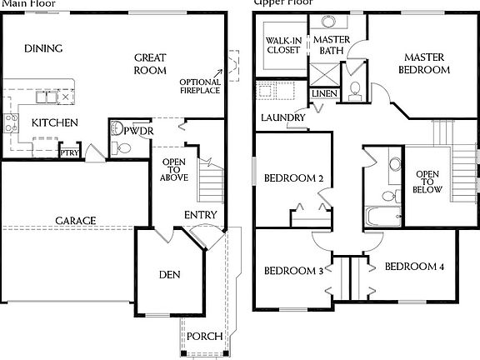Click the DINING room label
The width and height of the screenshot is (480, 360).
tap(43, 48)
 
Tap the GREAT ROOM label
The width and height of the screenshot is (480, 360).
tap(150, 64)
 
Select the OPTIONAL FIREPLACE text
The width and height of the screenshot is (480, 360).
tap(200, 86)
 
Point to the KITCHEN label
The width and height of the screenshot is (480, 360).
tap(55, 123)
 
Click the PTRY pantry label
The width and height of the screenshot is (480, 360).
tap(68, 152)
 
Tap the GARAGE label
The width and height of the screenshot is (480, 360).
tap(76, 221)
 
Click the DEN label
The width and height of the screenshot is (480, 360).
tap(169, 275)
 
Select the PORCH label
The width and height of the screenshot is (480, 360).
tap(203, 337)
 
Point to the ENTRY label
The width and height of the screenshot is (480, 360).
tap(200, 215)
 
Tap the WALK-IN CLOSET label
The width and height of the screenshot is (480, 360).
tap(283, 44)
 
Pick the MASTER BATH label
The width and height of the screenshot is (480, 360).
tap(331, 45)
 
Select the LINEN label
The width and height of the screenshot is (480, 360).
tap(325, 93)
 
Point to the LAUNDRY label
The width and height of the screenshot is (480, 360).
tap(282, 117)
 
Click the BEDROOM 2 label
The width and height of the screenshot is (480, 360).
tap(293, 178)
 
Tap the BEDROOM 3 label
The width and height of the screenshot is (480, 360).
tap(293, 271)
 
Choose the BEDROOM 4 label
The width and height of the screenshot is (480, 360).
tap(415, 267)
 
